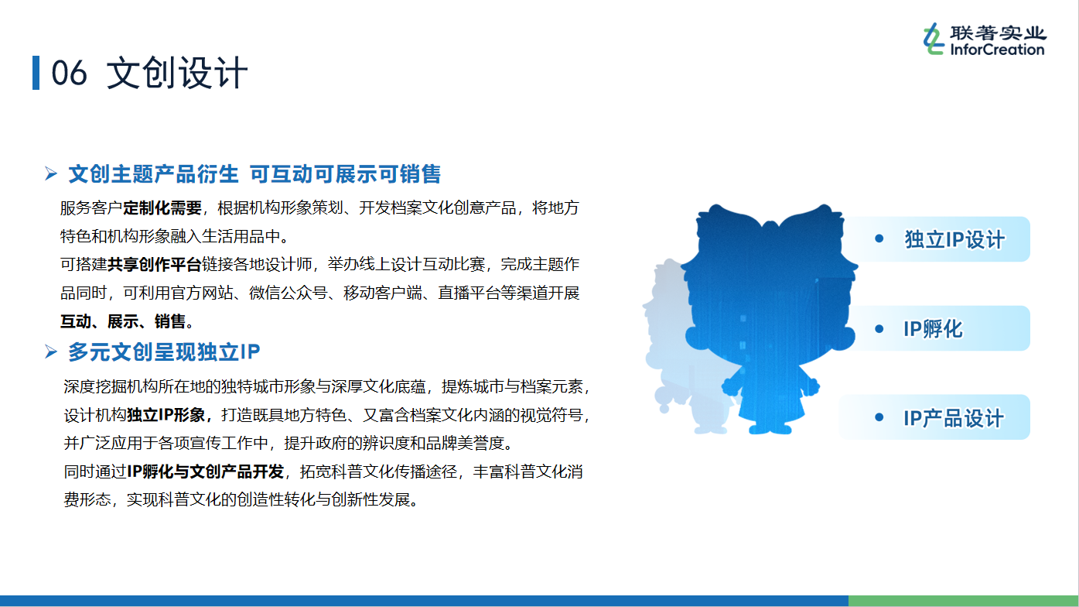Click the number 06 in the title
(x=69, y=74)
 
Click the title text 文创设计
(x=177, y=74)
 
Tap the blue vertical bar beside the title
(x=36, y=73)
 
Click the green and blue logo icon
(x=934, y=39)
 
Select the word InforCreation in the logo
(x=997, y=50)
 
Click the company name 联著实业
(x=998, y=33)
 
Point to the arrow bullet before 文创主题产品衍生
(x=51, y=173)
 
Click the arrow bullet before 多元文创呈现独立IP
(x=51, y=352)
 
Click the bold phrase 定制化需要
(x=162, y=207)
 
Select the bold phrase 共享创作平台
(x=154, y=264)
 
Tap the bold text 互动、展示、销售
(x=123, y=321)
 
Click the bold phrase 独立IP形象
(x=166, y=415)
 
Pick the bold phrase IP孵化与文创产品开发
(x=205, y=471)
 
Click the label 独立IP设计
(x=954, y=239)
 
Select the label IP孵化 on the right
(x=933, y=329)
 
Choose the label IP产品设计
(x=954, y=417)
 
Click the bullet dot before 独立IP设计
(x=879, y=238)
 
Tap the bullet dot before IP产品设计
(x=879, y=417)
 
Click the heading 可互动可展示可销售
(x=345, y=174)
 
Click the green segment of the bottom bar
(x=964, y=601)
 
